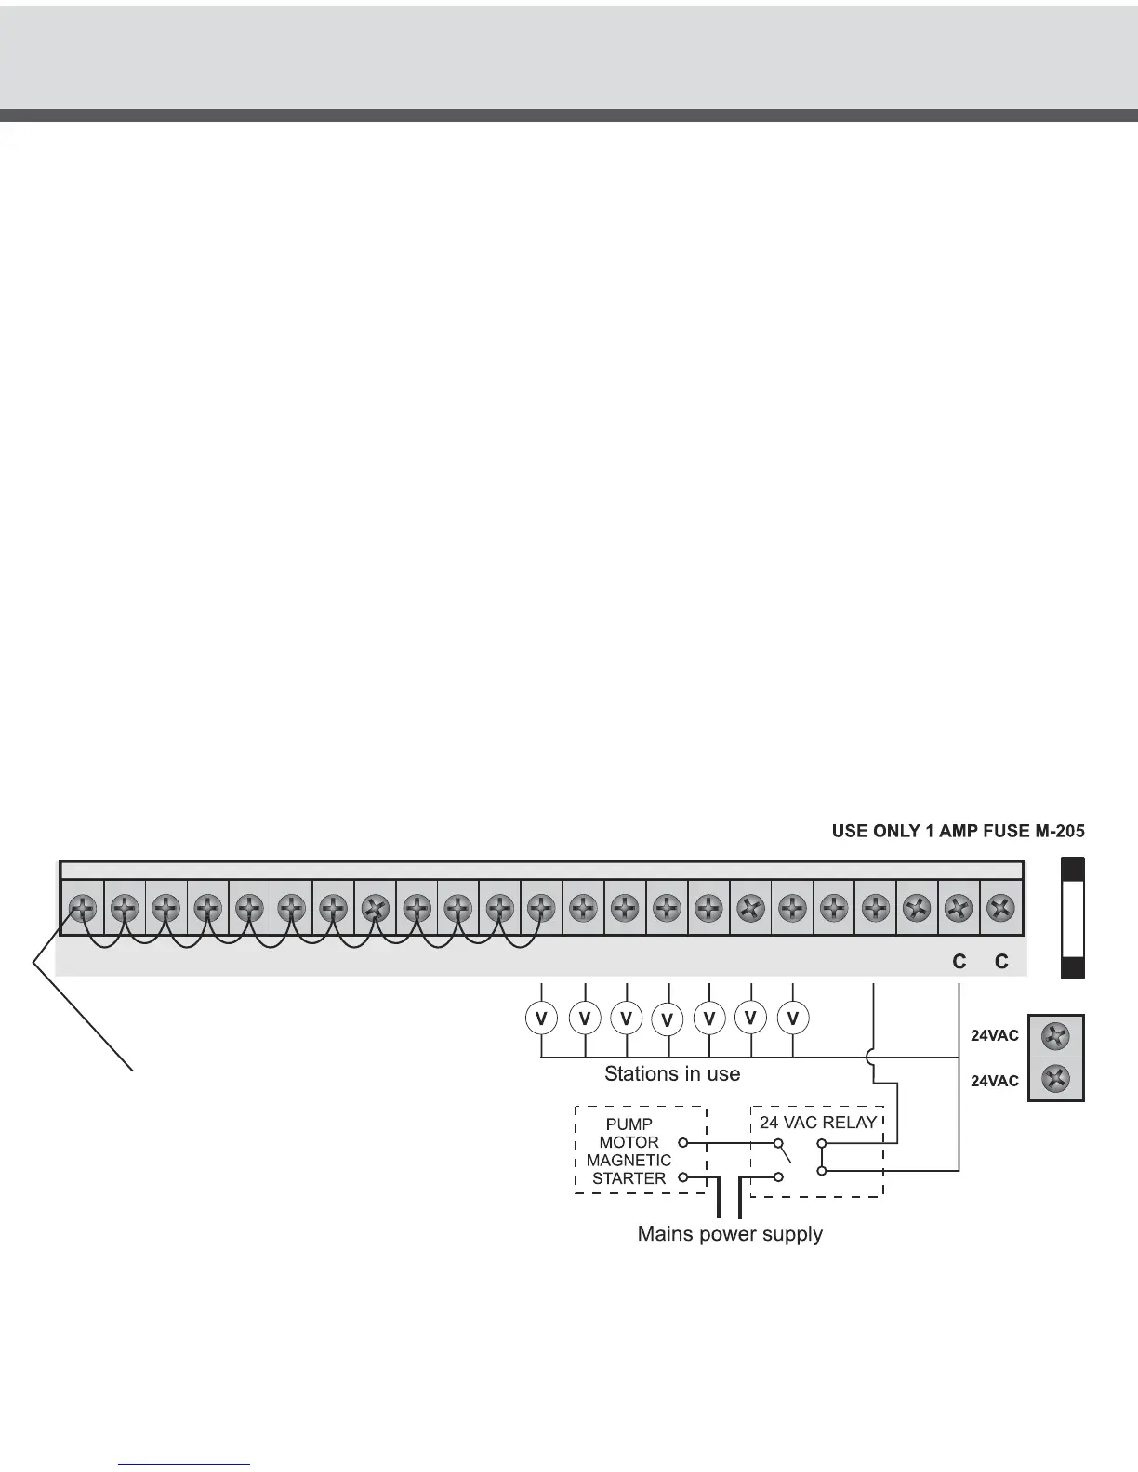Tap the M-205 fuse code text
[1055, 831]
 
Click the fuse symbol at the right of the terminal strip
[1073, 918]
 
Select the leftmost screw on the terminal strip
[82, 908]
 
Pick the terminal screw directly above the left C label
[959, 908]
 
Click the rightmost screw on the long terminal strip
[1000, 908]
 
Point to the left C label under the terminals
[959, 962]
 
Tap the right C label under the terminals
[1001, 962]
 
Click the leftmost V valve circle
[541, 1019]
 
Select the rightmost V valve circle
[793, 1019]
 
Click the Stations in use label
[672, 1074]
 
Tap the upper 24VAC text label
[995, 1036]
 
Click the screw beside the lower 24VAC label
[1056, 1080]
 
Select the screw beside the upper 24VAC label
[1056, 1035]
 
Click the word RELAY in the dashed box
[850, 1123]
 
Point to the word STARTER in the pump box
[629, 1178]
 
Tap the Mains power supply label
[730, 1234]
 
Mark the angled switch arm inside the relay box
[785, 1153]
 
